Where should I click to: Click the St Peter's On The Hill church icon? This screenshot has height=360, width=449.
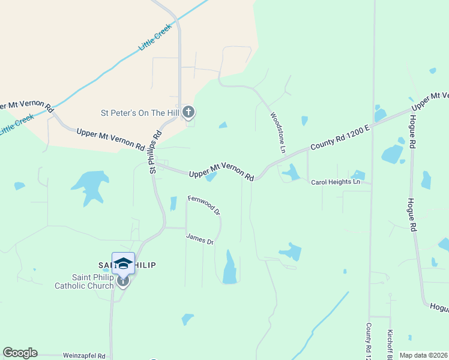pyautogui.click(x=188, y=112)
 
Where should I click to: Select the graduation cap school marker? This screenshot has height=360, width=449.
pyautogui.click(x=123, y=263)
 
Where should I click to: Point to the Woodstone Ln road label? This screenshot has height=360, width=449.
pyautogui.click(x=278, y=132)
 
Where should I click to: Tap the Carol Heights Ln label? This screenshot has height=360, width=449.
pyautogui.click(x=336, y=182)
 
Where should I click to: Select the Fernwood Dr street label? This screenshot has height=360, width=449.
pyautogui.click(x=205, y=205)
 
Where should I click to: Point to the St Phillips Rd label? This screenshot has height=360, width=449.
pyautogui.click(x=156, y=152)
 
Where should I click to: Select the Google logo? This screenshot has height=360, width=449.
pyautogui.click(x=20, y=353)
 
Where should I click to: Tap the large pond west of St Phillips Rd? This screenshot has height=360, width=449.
pyautogui.click(x=89, y=184)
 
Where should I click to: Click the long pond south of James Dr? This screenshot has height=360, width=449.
pyautogui.click(x=230, y=268)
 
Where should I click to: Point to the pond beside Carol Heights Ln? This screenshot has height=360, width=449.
pyautogui.click(x=291, y=173)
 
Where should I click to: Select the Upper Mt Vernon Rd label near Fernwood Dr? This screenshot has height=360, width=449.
pyautogui.click(x=221, y=171)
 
